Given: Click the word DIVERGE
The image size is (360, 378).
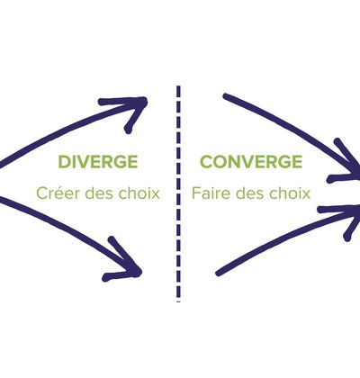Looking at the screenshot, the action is click(x=98, y=162).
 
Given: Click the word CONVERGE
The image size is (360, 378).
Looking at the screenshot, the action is click(x=251, y=162).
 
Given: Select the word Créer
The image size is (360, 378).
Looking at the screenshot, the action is click(x=58, y=193).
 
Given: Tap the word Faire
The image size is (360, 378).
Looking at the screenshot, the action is click(x=211, y=193).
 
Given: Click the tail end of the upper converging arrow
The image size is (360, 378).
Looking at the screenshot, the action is click(x=226, y=96).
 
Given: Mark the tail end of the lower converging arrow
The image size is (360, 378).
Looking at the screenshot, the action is click(x=219, y=274).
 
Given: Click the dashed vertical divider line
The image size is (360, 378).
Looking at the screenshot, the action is click(x=178, y=193).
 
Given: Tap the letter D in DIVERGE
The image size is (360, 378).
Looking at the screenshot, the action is click(x=64, y=162).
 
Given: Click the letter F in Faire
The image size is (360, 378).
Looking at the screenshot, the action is click(x=196, y=193).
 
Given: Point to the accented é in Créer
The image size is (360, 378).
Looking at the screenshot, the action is click(x=59, y=193).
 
